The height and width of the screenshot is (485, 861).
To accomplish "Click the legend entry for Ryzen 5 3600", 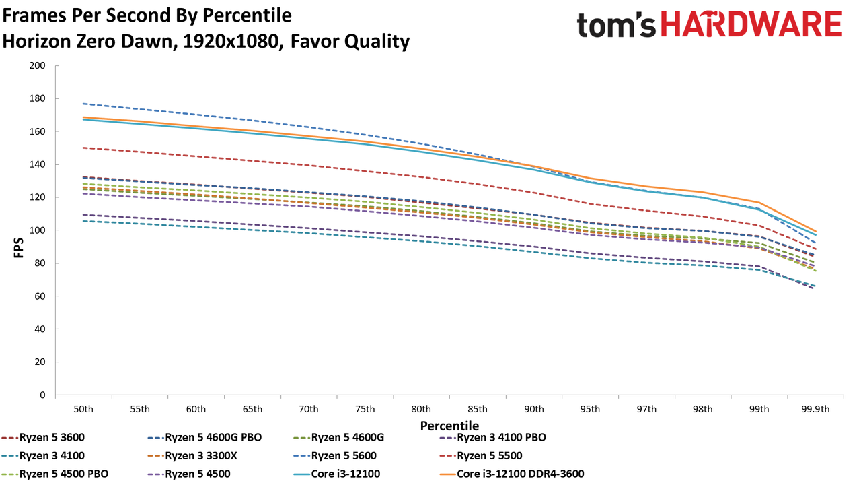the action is pyautogui.click(x=43, y=438).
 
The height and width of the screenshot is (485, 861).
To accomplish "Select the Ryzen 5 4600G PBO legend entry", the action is pyautogui.click(x=204, y=438).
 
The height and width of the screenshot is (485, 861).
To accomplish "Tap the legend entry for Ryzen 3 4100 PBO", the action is pyautogui.click(x=492, y=438).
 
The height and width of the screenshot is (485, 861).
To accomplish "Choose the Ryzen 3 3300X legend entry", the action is pyautogui.click(x=192, y=456).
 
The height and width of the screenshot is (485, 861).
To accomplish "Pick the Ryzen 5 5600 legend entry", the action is pyautogui.click(x=335, y=456).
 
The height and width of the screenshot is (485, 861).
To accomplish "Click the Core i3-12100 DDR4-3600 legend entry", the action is pyautogui.click(x=512, y=474).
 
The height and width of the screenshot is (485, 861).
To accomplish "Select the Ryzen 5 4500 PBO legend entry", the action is pyautogui.click(x=55, y=474).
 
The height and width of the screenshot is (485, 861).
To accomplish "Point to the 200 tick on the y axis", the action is pyautogui.click(x=37, y=66).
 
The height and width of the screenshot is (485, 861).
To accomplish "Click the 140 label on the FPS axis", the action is pyautogui.click(x=37, y=165).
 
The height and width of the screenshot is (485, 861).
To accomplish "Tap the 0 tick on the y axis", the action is pyautogui.click(x=42, y=395).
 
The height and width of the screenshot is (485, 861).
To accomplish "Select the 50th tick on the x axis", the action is pyautogui.click(x=83, y=409).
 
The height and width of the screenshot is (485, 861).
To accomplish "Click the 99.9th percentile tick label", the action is pyautogui.click(x=815, y=409).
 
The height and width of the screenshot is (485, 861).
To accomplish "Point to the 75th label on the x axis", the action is pyautogui.click(x=365, y=409).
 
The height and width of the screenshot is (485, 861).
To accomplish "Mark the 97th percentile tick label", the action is pyautogui.click(x=646, y=409).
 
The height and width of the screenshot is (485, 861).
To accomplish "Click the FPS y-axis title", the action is pyautogui.click(x=18, y=247).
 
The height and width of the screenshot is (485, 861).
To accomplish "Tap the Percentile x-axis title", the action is pyautogui.click(x=449, y=426).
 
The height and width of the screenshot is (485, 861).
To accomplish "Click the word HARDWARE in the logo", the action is pyautogui.click(x=751, y=24).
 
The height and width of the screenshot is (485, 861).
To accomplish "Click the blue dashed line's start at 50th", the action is pyautogui.click(x=83, y=104).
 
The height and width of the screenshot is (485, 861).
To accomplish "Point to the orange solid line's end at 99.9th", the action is pyautogui.click(x=815, y=232).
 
